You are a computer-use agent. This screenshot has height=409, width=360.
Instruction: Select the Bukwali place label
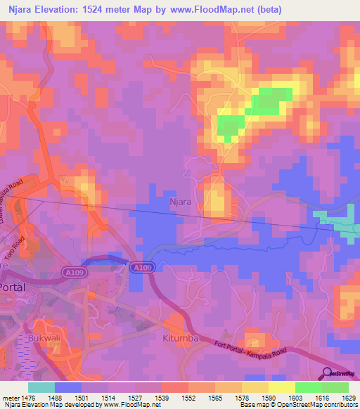[45, 339]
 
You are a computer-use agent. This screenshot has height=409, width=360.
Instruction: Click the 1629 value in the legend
[340, 397]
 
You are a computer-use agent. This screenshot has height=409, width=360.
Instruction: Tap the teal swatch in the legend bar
[41, 387]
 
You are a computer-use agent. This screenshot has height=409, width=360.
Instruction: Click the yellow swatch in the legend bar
[281, 387]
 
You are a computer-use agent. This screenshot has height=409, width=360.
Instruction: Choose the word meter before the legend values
[11, 397]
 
